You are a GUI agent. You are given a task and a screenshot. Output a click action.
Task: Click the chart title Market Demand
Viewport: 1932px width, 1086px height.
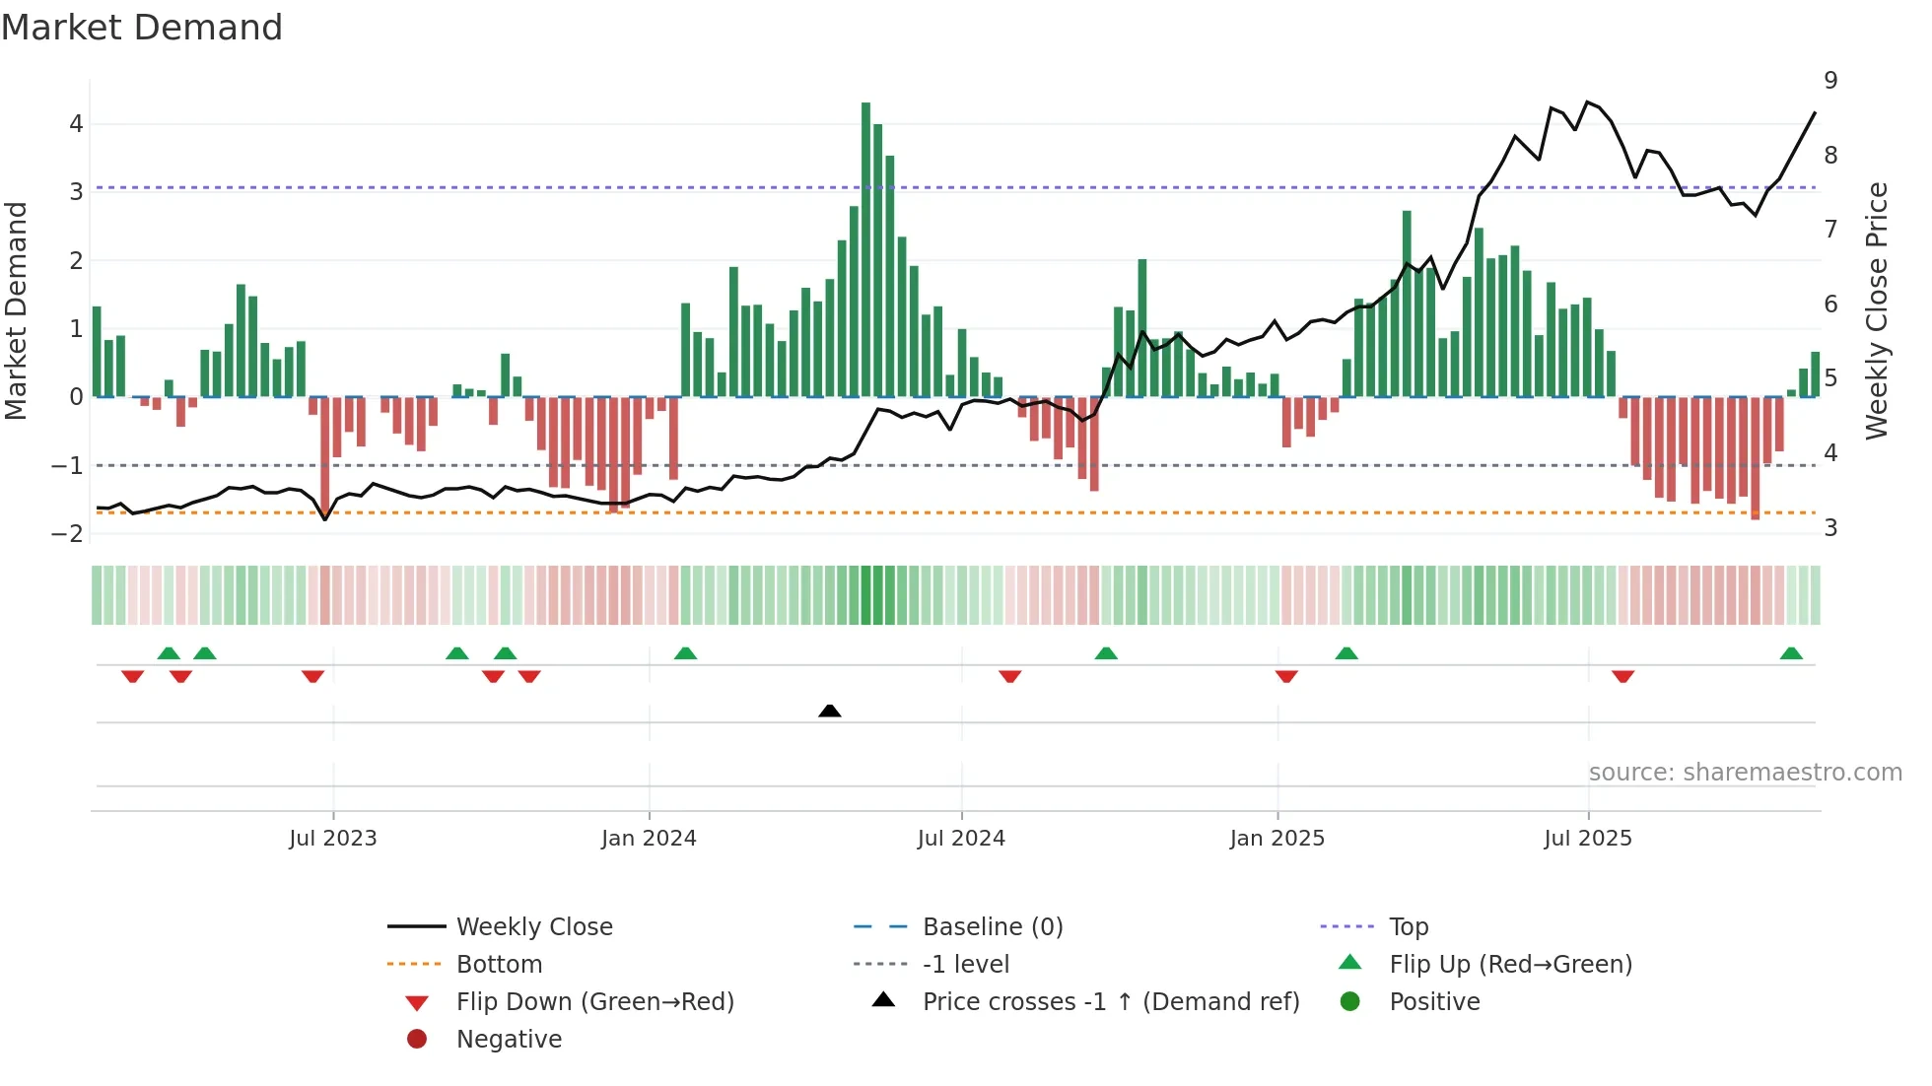pos(142,28)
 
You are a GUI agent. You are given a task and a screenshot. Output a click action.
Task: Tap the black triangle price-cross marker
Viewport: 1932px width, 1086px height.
pos(830,711)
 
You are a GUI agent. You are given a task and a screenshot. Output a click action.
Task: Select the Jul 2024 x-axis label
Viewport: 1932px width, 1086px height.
pos(961,838)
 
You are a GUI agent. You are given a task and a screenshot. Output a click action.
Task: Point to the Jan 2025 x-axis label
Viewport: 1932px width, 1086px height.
pos(1276,838)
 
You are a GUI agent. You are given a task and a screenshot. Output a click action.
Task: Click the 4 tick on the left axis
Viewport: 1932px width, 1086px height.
pos(76,124)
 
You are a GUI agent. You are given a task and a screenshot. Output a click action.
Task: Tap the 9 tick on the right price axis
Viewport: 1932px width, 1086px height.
pos(1830,81)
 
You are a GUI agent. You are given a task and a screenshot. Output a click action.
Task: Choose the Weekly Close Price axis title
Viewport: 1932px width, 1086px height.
pos(1877,310)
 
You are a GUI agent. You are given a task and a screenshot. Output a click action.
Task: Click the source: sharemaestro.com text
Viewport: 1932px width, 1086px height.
pos(1745,772)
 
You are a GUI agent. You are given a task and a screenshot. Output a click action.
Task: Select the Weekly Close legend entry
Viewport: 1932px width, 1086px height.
pos(533,926)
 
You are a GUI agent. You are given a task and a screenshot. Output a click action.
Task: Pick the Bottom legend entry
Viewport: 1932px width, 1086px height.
pos(499,964)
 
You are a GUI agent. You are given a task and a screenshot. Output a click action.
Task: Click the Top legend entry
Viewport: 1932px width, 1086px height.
pos(1409,926)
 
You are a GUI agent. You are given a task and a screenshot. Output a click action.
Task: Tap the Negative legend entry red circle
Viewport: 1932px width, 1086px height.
pos(417,1039)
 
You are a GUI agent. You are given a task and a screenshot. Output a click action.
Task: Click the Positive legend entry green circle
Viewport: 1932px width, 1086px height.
pos(1350,1001)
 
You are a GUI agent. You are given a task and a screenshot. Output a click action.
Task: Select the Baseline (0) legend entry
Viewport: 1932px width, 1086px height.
pos(992,926)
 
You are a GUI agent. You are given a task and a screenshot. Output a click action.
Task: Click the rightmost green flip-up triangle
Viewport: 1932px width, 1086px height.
pos(1791,653)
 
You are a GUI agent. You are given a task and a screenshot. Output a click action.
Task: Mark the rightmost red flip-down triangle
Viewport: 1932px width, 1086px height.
pos(1623,676)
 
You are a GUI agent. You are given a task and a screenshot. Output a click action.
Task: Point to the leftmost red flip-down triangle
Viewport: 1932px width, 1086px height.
pos(132,676)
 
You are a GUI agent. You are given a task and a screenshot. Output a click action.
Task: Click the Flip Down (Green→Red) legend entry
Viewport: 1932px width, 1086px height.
pos(594,1001)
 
